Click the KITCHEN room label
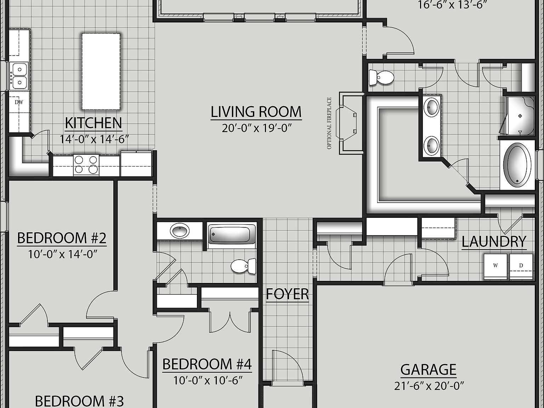pyautogui.click(x=93, y=123)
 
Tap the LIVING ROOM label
pyautogui.click(x=256, y=112)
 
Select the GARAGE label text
pyautogui.click(x=428, y=369)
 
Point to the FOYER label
pyautogui.click(x=287, y=294)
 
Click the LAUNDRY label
pyautogui.click(x=494, y=242)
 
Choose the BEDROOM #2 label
pyautogui.click(x=62, y=238)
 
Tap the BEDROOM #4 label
pyautogui.click(x=207, y=364)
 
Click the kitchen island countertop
pyautogui.click(x=101, y=71)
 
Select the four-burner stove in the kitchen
pyautogui.click(x=86, y=165)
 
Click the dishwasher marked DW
pyautogui.click(x=18, y=103)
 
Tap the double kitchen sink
pyautogui.click(x=18, y=75)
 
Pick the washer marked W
pyautogui.click(x=495, y=266)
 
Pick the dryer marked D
pyautogui.click(x=521, y=266)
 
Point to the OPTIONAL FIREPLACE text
pyautogui.click(x=329, y=123)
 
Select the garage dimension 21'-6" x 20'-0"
pyautogui.click(x=429, y=385)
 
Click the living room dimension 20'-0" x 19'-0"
pyautogui.click(x=256, y=128)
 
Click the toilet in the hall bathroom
pyautogui.click(x=244, y=266)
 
